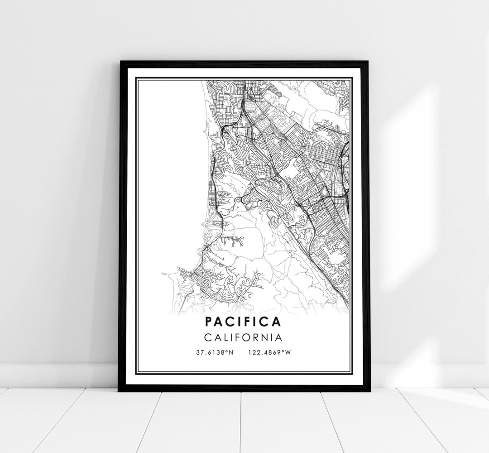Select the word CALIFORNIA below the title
pos(243,337)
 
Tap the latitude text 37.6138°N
pos(214,352)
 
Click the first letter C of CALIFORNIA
pos(207,337)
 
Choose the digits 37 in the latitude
pos(200,352)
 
